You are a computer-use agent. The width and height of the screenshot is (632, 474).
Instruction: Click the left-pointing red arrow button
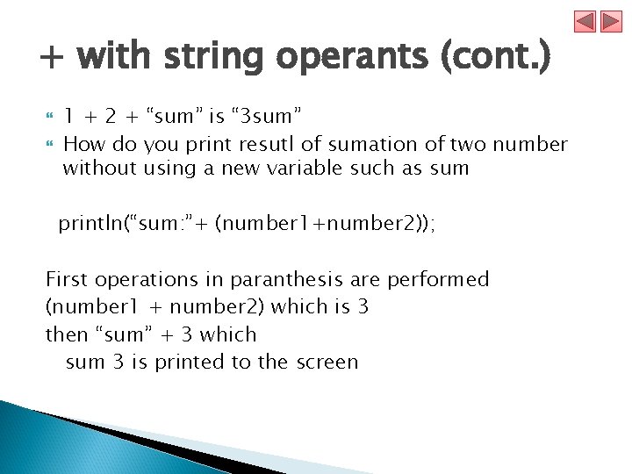tap(586, 21)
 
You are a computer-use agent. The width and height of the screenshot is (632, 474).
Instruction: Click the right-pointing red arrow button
tap(611, 21)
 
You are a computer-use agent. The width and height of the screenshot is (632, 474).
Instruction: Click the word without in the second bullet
tap(97, 168)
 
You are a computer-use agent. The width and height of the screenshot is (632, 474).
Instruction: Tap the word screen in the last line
tap(327, 362)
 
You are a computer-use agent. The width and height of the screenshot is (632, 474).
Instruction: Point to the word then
tap(67, 334)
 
